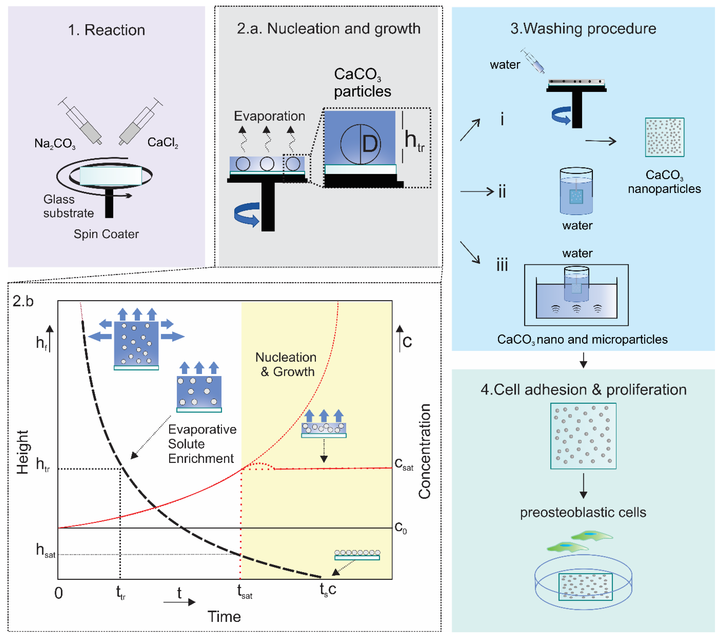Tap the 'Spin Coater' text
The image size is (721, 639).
click(x=106, y=234)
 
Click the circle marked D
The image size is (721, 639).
click(x=360, y=144)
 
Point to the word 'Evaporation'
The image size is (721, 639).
click(x=270, y=116)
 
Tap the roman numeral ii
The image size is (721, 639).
click(x=502, y=192)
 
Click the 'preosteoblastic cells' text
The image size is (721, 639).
click(x=583, y=512)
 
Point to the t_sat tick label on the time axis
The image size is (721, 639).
click(x=244, y=591)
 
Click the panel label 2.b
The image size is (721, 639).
click(x=23, y=301)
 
